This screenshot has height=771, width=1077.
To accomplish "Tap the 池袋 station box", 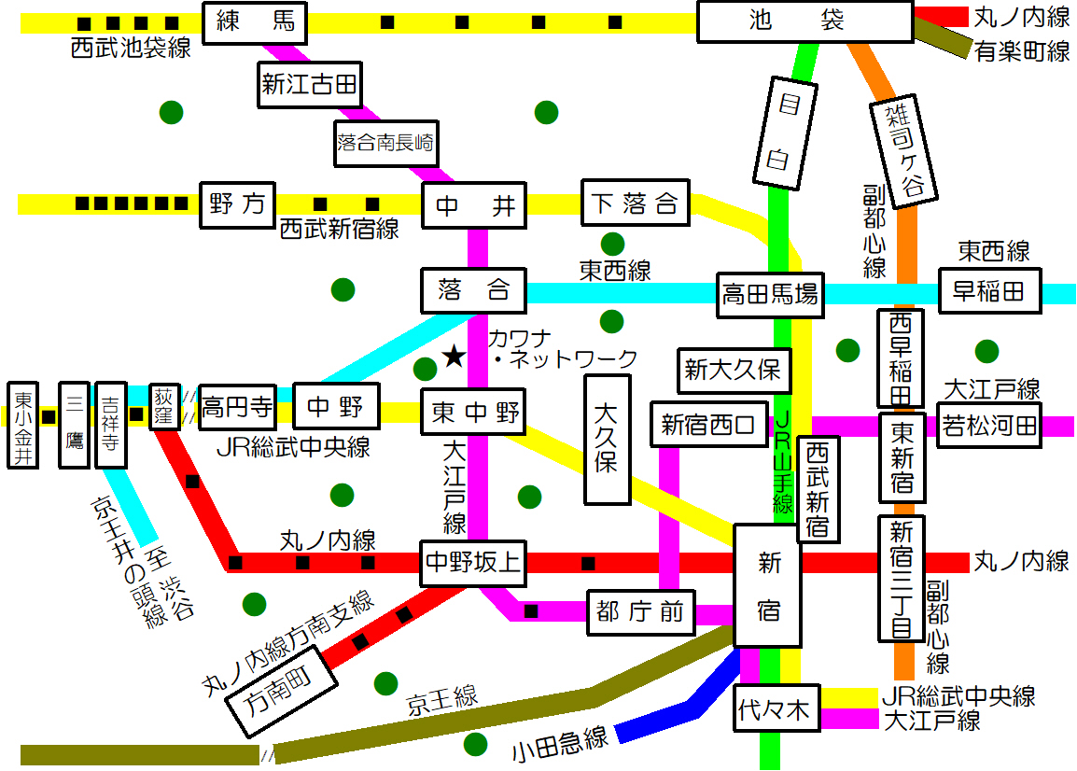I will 804,21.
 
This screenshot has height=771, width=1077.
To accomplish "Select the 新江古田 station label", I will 309,86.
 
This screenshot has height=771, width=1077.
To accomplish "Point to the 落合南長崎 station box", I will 385,144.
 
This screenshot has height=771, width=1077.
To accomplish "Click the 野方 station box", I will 238,204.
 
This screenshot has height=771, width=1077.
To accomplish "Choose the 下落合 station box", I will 635,203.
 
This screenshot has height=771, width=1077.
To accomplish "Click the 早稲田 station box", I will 989,292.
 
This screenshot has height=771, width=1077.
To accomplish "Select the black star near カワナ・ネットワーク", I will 454,356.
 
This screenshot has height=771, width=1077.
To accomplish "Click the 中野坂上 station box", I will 473,563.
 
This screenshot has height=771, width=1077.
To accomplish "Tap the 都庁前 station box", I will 641,612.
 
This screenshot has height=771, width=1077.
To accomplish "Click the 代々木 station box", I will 776,708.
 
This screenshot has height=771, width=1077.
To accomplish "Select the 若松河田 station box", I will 988,426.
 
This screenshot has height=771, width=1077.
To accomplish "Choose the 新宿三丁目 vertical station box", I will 901,579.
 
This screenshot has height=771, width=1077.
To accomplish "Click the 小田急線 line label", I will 560,743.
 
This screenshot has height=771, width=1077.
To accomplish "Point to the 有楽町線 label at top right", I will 1022,51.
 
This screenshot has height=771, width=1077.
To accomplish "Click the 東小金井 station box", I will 22,425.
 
